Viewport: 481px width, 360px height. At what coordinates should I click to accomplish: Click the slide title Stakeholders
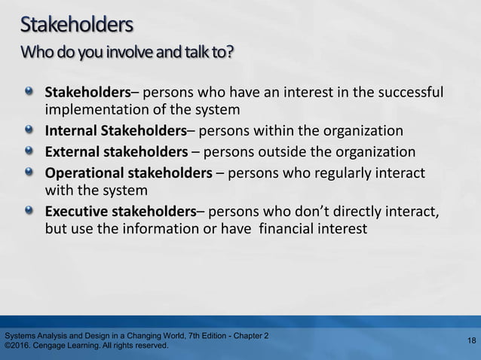tap(77, 27)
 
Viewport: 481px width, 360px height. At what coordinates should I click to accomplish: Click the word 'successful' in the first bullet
tap(407, 95)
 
